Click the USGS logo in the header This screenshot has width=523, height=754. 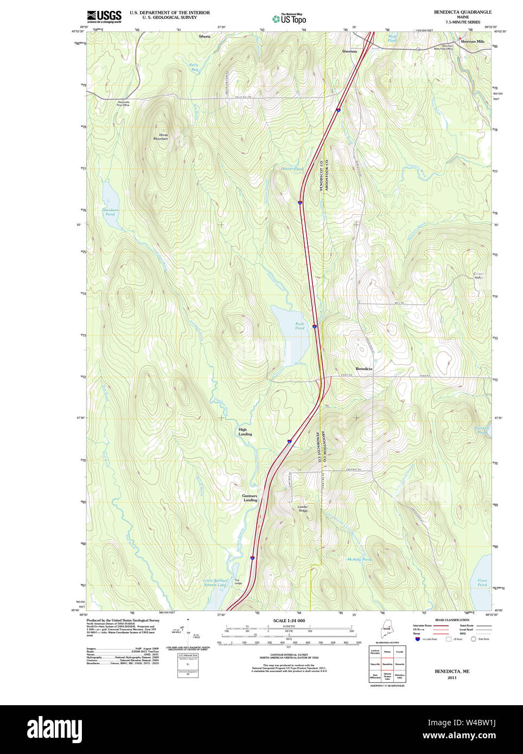(104, 16)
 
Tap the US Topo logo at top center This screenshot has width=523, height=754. (289, 18)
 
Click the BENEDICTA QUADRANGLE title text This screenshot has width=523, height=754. (462, 12)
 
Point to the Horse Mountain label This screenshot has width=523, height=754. (161, 137)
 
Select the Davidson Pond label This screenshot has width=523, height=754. (110, 212)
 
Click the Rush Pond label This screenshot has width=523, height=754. (299, 326)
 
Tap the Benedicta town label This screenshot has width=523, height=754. (364, 369)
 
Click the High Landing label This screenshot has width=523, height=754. (245, 432)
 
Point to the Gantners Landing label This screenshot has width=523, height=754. (250, 498)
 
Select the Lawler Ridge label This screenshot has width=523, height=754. (303, 509)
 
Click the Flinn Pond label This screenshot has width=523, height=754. (482, 583)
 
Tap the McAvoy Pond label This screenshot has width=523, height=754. (359, 559)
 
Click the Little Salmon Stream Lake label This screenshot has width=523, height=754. (215, 583)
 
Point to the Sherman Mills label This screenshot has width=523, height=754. (473, 41)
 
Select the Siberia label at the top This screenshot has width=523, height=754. (205, 36)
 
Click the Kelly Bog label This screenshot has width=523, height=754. (194, 67)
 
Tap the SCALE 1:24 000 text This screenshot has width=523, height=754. (289, 621)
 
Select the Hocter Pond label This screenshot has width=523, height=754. (292, 169)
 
